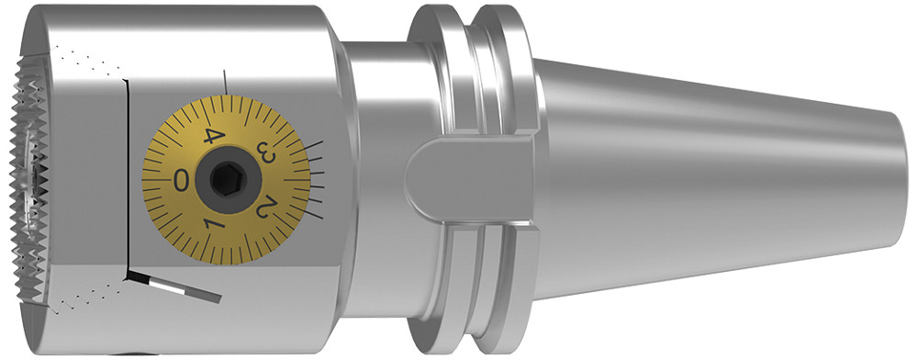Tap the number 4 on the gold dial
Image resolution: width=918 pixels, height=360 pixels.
click(213, 136)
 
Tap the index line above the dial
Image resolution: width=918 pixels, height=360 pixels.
click(226, 80)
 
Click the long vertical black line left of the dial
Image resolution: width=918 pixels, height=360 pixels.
click(125, 174)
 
